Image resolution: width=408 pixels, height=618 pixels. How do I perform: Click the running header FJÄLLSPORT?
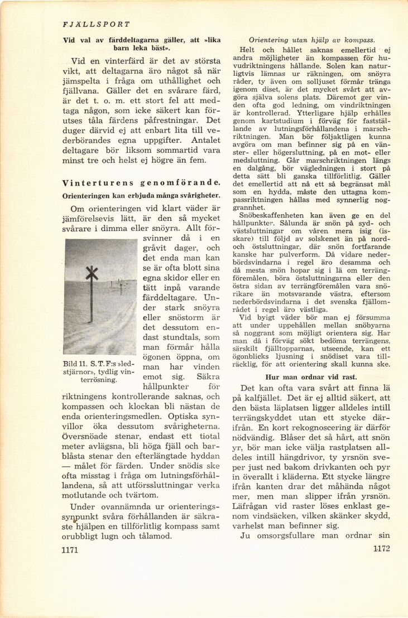[x=97, y=25]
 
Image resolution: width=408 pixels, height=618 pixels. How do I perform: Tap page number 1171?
[x=71, y=550]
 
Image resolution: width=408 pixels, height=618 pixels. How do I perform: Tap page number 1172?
[x=381, y=548]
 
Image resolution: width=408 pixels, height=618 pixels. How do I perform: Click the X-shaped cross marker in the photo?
[x=91, y=274]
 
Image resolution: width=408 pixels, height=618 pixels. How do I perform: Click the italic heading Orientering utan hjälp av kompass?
[x=311, y=40]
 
